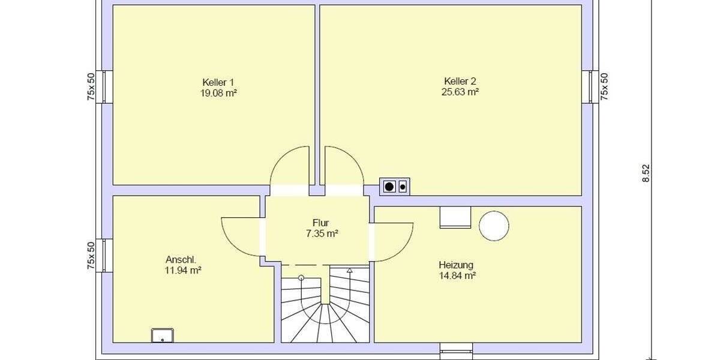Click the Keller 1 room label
pos(218,82)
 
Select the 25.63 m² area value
pos(460,92)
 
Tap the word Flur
pos(320,223)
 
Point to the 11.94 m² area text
pos(183,271)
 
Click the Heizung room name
pos(456,265)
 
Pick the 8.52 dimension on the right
pos(646,173)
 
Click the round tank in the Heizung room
pos(494,226)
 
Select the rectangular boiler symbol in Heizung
pos(455,217)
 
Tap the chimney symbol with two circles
pos(395,187)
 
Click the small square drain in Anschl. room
pos(162,335)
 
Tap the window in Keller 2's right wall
pos(590,87)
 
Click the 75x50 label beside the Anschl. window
pos(91,255)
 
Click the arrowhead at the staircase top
pos(349,271)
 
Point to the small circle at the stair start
pos(301,278)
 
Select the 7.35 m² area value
pos(322,233)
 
